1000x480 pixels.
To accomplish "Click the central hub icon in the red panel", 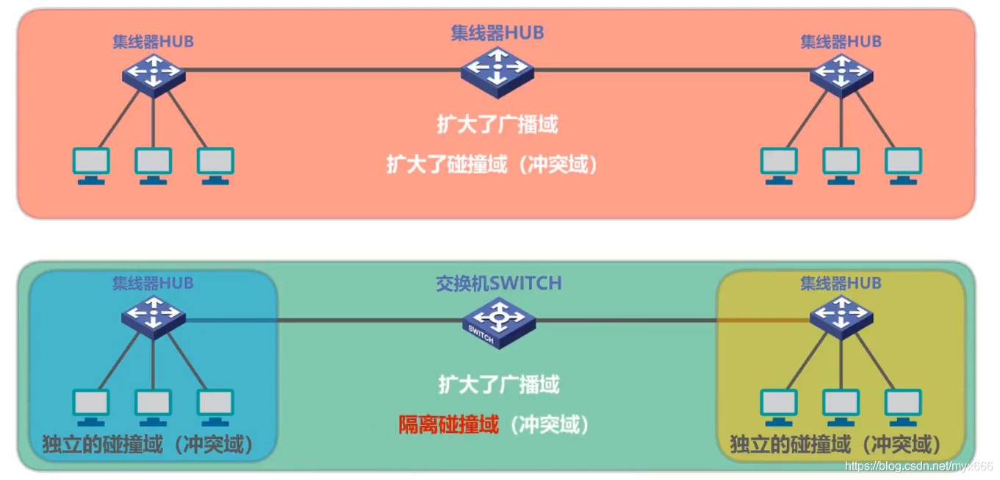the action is pyautogui.click(x=497, y=71).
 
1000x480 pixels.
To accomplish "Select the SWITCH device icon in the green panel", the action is pyautogui.click(x=499, y=322).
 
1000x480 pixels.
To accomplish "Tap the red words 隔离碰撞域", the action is pyautogui.click(x=449, y=424).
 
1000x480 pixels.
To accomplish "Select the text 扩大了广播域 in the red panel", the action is pyautogui.click(x=497, y=124).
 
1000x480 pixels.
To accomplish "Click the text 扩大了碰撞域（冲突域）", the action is pyautogui.click(x=492, y=164).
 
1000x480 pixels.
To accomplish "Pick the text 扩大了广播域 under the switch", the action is pyautogui.click(x=499, y=384).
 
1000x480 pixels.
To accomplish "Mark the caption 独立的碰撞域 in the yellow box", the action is pyautogui.click(x=791, y=444).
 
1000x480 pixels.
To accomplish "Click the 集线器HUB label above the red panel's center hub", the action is pyautogui.click(x=497, y=32).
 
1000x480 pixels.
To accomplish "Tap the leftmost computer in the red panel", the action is pyautogui.click(x=91, y=165).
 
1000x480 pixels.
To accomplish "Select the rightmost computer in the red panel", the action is pyautogui.click(x=903, y=165).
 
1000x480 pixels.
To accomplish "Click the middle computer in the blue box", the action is pyautogui.click(x=153, y=406).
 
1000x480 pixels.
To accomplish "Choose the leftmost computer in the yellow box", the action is pyautogui.click(x=779, y=406).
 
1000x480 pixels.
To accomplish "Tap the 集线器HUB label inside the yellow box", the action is pyautogui.click(x=841, y=283).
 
